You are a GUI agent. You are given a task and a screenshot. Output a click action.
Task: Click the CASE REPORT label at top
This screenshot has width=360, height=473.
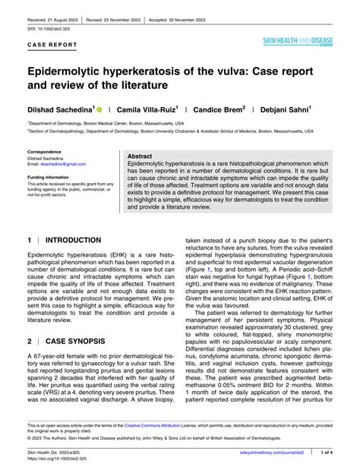coord(51,45)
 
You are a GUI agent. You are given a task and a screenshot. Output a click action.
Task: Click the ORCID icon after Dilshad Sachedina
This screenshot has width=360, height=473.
coord(99,109)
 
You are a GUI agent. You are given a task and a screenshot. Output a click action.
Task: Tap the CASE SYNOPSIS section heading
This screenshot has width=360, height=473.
coord(78,342)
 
